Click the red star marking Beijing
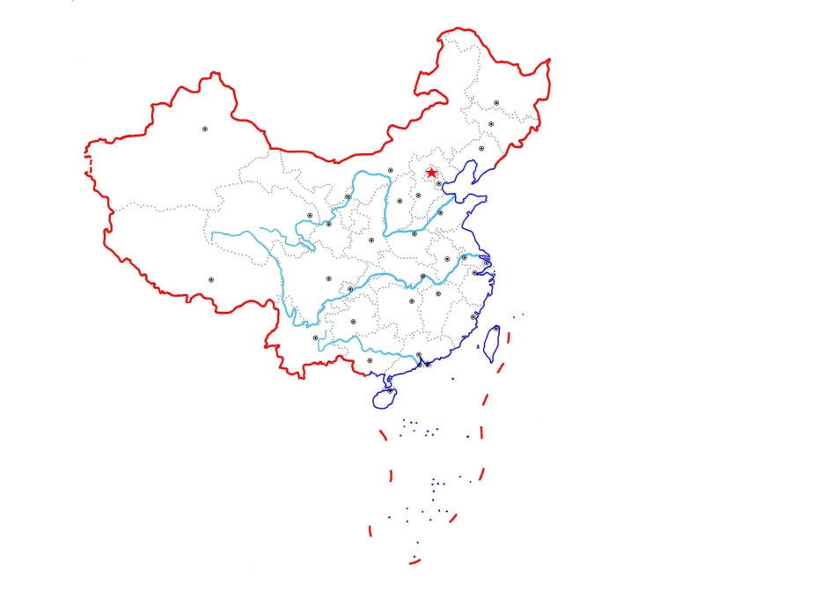tap(431, 173)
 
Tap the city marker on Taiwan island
tap(496, 329)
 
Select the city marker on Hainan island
tap(391, 390)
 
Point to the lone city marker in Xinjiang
tap(205, 129)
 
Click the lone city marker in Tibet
tap(211, 280)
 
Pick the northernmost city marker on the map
tap(496, 103)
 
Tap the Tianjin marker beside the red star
tap(439, 183)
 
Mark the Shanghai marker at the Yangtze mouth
tap(487, 263)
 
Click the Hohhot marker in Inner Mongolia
tap(391, 170)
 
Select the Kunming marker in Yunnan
tap(316, 337)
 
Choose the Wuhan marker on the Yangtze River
tap(422, 277)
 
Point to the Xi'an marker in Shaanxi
tap(371, 240)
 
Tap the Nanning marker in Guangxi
tap(370, 359)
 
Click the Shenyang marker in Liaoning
tap(481, 149)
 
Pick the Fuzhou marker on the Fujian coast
tap(473, 316)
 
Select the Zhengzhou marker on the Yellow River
tap(414, 233)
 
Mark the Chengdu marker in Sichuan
tap(329, 278)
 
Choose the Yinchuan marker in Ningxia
tap(348, 197)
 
